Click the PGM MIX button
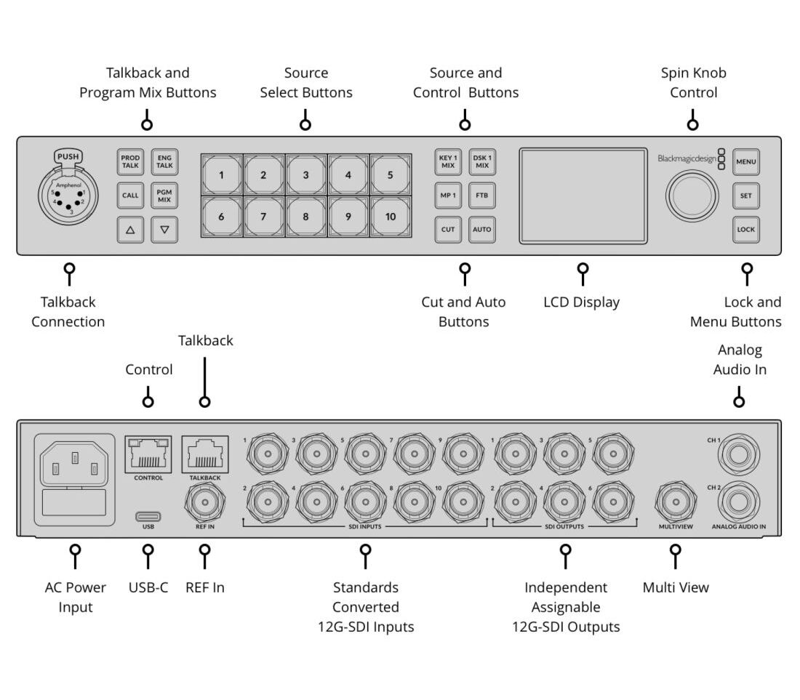point(164,196)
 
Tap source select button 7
point(263,217)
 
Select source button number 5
point(390,175)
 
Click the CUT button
point(448,230)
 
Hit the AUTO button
point(481,230)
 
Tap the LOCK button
point(745,230)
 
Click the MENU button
point(745,161)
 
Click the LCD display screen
point(583,196)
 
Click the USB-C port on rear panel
point(148,517)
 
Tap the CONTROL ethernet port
point(148,455)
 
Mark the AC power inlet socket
point(74,462)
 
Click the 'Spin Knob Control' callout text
point(693,83)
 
